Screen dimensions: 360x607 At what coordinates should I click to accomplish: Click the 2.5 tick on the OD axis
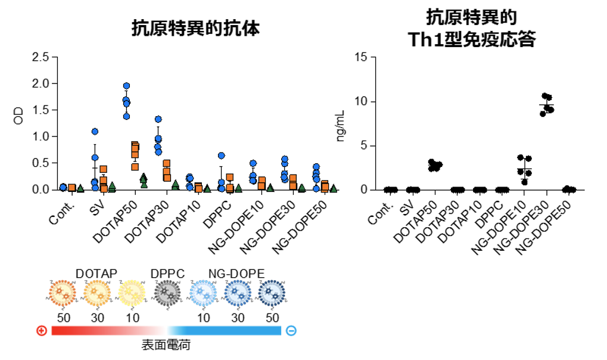click(41, 57)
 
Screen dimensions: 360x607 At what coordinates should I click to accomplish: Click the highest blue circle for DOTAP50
click(126, 86)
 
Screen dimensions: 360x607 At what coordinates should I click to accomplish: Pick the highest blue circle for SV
click(95, 131)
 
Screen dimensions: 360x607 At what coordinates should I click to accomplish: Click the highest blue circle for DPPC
click(222, 156)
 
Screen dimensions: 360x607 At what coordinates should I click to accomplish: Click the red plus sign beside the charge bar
click(42, 331)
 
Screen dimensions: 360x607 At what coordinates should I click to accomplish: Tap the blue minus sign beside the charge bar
click(291, 331)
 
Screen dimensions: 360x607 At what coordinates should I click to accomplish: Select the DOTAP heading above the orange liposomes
click(97, 274)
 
